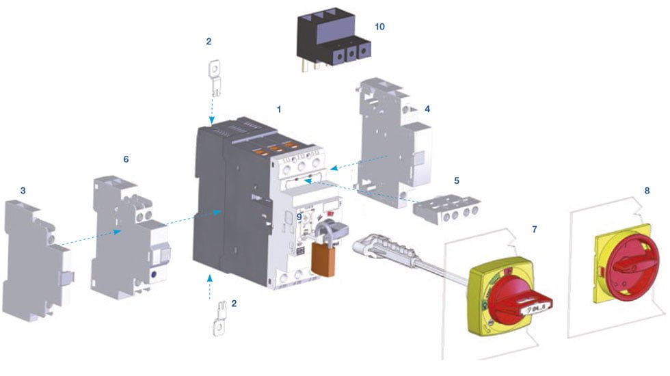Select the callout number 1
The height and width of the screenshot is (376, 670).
pyautogui.click(x=278, y=109)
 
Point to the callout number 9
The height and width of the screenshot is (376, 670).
pyautogui.click(x=299, y=217)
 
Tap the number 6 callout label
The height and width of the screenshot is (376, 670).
pyautogui.click(x=126, y=159)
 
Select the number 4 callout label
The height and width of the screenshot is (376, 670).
pyautogui.click(x=427, y=109)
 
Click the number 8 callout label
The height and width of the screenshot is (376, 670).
pyautogui.click(x=647, y=190)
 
